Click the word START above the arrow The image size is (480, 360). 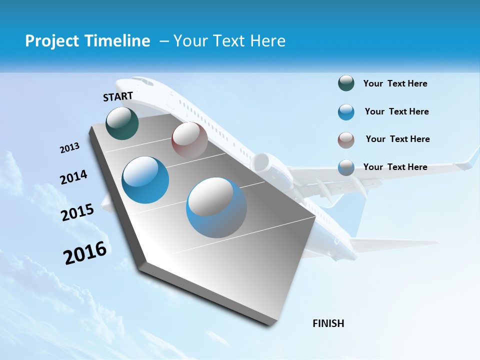[x=118, y=96]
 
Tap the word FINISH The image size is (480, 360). [x=328, y=323]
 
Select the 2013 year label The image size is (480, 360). [x=70, y=148]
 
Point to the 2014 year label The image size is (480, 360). [x=73, y=177]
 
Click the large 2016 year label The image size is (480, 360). [x=85, y=253]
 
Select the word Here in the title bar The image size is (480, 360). [x=267, y=41]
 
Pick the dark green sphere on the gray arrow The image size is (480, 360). [x=122, y=123]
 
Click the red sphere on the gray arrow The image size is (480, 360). [x=189, y=140]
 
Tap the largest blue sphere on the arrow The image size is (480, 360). [x=216, y=207]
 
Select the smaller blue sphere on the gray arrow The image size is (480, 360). [x=145, y=180]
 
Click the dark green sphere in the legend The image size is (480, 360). [x=346, y=83]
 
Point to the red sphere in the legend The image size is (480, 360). [x=346, y=140]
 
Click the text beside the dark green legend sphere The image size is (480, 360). [x=395, y=84]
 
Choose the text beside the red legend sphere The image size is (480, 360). [x=397, y=139]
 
